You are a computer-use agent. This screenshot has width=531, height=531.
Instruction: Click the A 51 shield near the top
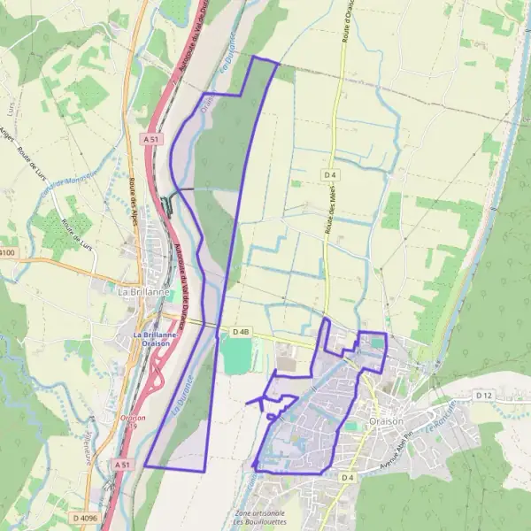click(x=152, y=139)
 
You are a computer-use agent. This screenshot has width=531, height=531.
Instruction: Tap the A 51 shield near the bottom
click(x=123, y=463)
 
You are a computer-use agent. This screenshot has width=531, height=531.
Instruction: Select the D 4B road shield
click(x=242, y=331)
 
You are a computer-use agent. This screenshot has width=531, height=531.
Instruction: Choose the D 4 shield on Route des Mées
click(x=331, y=175)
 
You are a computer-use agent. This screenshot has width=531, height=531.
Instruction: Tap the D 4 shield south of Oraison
click(x=348, y=478)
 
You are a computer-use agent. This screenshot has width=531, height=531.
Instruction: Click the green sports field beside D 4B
click(x=236, y=353)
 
